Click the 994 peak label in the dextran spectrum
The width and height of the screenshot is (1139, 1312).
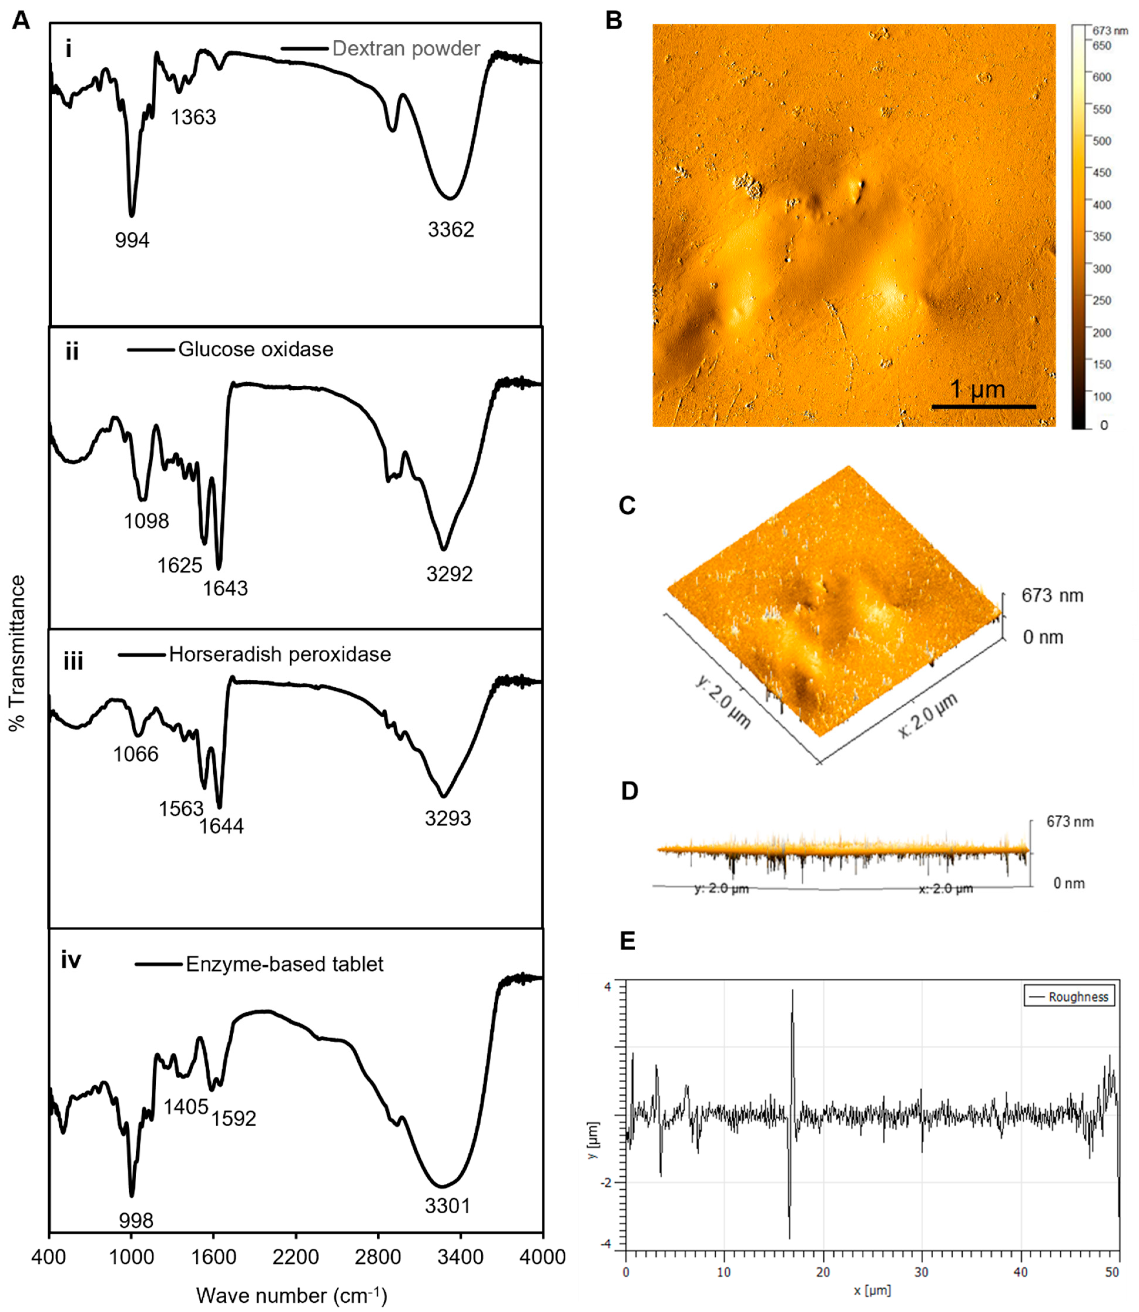tap(132, 240)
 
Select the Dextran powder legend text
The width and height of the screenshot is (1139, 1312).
tap(406, 49)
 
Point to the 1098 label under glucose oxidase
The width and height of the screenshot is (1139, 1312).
tap(146, 521)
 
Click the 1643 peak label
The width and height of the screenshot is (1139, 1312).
tap(225, 588)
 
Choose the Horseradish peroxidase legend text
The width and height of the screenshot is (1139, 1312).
tap(280, 654)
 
